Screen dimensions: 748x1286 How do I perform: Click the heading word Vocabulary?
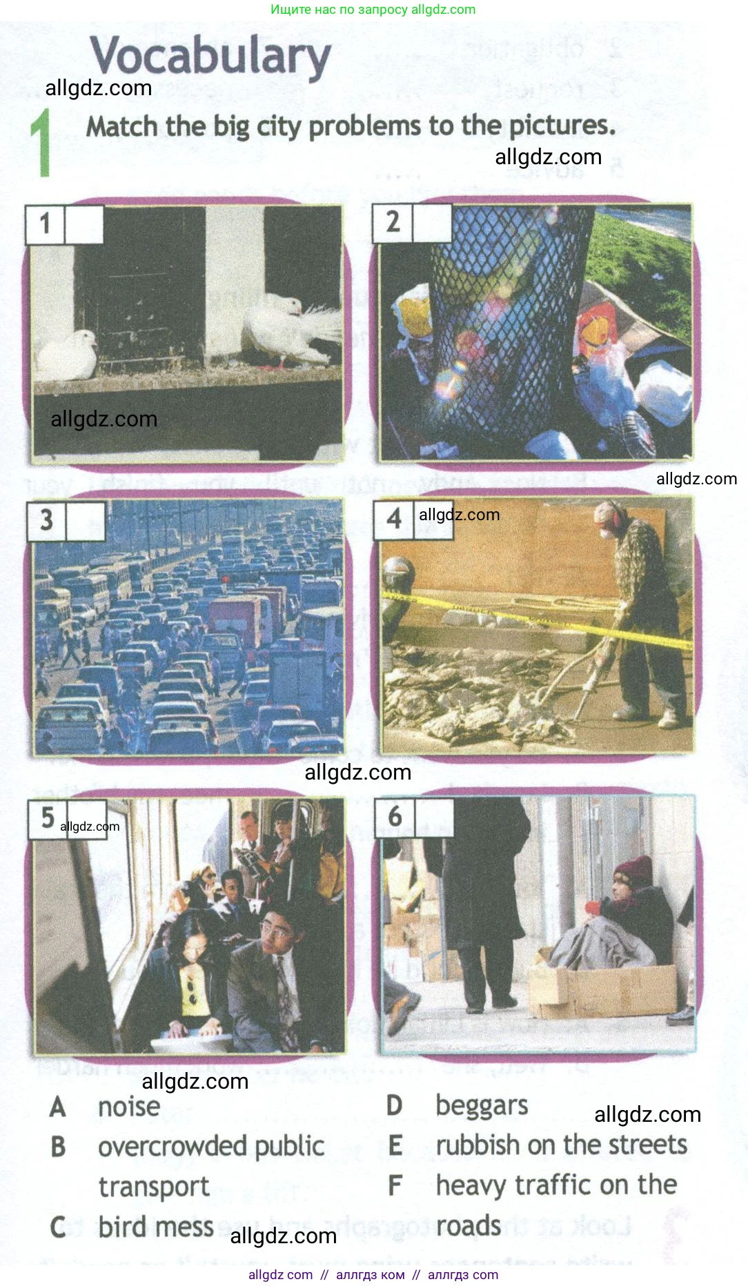(210, 57)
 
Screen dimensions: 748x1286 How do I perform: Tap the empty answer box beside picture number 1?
(84, 224)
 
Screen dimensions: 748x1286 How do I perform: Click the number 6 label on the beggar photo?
(395, 817)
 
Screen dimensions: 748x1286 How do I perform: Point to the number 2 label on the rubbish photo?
(393, 222)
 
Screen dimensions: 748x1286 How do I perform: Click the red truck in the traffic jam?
(239, 617)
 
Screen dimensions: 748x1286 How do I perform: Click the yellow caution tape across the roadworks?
(538, 617)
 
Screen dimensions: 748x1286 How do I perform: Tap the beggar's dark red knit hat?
(633, 871)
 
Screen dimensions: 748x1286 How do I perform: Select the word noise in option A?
(129, 1107)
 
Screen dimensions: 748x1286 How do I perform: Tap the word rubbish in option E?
(478, 1145)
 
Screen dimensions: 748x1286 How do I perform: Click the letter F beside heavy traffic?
(395, 1185)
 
